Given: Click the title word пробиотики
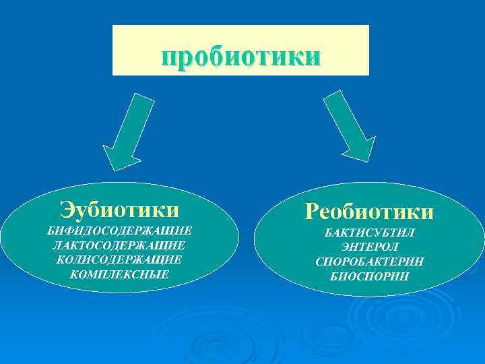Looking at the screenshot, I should pyautogui.click(x=240, y=57).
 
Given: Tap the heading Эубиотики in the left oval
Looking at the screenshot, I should pyautogui.click(x=119, y=209).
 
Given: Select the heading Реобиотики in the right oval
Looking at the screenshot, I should pyautogui.click(x=369, y=212).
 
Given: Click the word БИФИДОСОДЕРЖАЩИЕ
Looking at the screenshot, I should pyautogui.click(x=119, y=231).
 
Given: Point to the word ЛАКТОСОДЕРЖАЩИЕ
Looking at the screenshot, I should pyautogui.click(x=119, y=245).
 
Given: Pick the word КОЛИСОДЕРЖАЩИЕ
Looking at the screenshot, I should pyautogui.click(x=119, y=260).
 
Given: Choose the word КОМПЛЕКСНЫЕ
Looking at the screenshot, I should pyautogui.click(x=119, y=274).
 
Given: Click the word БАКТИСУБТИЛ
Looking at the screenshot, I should pyautogui.click(x=370, y=233).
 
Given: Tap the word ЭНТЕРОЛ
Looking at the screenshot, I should pyautogui.click(x=370, y=247).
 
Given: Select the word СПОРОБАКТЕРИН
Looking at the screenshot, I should pyautogui.click(x=370, y=262).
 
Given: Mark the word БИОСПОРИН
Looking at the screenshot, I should pyautogui.click(x=370, y=276).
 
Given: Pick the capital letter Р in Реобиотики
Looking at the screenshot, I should pyautogui.click(x=312, y=212).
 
